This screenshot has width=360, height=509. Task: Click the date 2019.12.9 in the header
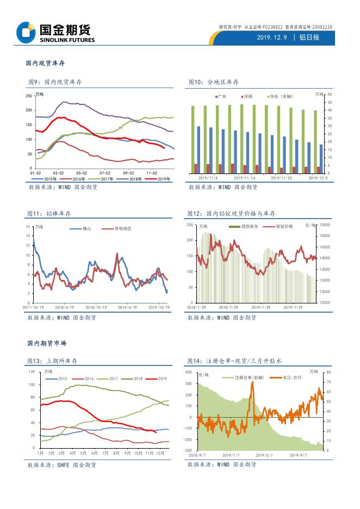tap(272, 38)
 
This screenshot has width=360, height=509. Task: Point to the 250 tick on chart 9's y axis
tap(29, 96)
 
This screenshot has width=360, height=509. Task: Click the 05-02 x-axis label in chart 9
tap(82, 173)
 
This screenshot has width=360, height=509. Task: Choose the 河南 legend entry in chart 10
tap(247, 96)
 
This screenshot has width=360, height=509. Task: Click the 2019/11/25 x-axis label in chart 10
tap(282, 178)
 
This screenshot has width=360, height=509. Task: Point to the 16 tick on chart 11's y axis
tap(28, 226)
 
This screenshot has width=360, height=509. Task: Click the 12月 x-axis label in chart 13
tap(160, 453)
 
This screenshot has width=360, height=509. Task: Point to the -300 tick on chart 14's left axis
tap(187, 451)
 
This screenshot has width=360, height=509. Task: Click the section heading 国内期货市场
tap(47, 344)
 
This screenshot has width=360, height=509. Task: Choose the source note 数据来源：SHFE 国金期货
tap(61, 465)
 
